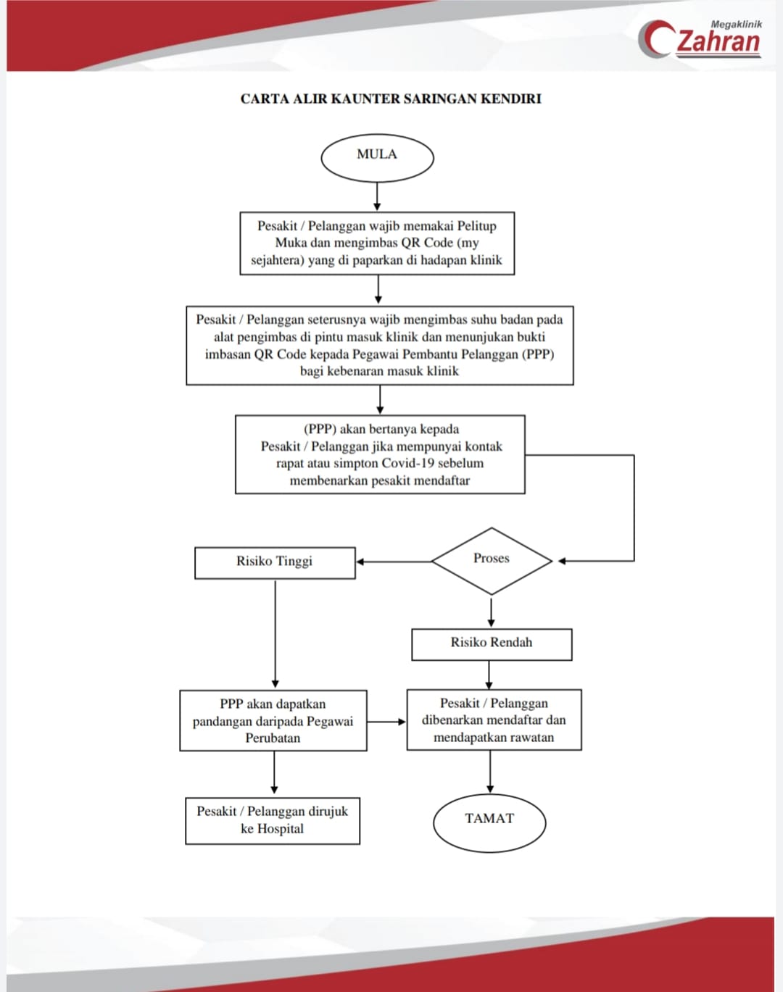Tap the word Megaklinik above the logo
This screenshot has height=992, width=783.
pyautogui.click(x=737, y=25)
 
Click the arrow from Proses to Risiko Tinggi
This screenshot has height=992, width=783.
pyautogui.click(x=394, y=562)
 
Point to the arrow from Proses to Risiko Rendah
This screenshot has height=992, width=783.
pyautogui.click(x=491, y=612)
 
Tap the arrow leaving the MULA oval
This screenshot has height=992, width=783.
pyautogui.click(x=377, y=196)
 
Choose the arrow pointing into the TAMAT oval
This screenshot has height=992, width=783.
pyautogui.click(x=490, y=772)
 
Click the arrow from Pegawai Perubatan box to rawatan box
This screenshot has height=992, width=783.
pyautogui.click(x=386, y=722)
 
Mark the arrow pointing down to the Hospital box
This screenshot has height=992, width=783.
pyautogui.click(x=274, y=772)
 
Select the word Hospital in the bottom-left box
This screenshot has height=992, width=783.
pyautogui.click(x=281, y=829)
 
